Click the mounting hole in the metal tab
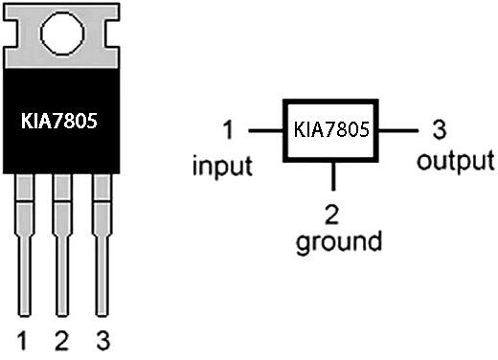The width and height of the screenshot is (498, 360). [62, 34]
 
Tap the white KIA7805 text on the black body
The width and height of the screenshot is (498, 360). [59, 121]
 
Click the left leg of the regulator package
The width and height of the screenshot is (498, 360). [25, 245]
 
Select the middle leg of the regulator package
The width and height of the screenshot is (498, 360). [62, 245]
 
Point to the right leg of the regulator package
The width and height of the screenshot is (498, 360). [102, 245]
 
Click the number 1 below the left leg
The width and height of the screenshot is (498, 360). [22, 341]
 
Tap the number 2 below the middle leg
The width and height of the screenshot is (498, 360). [61, 341]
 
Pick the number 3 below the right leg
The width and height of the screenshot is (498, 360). [102, 341]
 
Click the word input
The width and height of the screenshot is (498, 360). [222, 167]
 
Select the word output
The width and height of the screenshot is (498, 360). [456, 161]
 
